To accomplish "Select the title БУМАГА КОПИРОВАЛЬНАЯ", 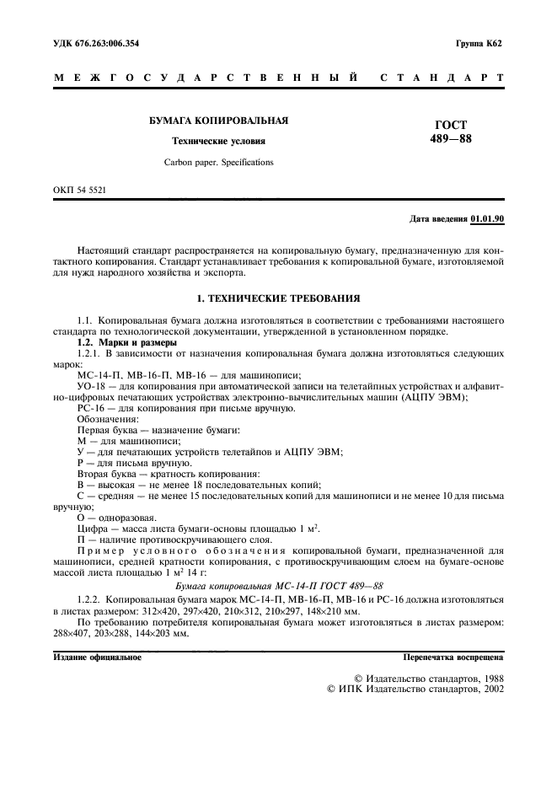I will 218,121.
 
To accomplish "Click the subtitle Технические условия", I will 218,141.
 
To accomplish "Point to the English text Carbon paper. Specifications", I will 218,161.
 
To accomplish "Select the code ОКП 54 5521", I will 79,191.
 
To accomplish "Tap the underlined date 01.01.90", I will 487,219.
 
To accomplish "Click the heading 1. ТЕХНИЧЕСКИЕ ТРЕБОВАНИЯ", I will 278,298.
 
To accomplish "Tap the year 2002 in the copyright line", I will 488,689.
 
